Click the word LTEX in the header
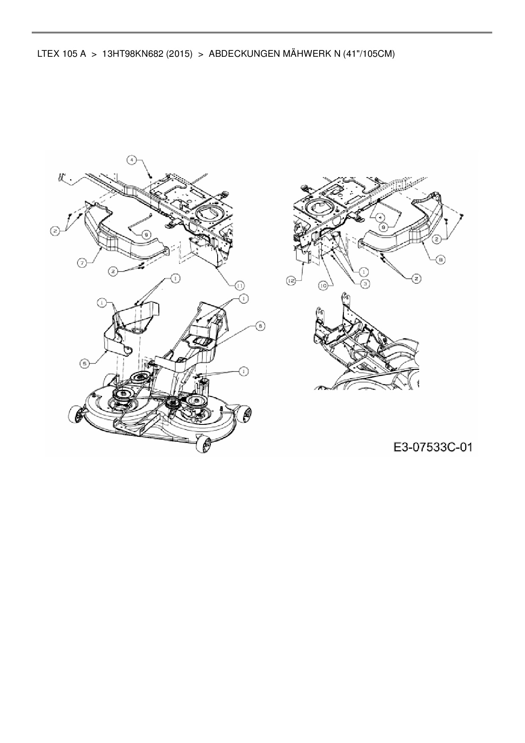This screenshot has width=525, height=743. (48, 54)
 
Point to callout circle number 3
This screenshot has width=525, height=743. (364, 282)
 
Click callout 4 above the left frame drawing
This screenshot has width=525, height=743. (133, 160)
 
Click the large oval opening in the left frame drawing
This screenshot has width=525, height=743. (210, 210)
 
